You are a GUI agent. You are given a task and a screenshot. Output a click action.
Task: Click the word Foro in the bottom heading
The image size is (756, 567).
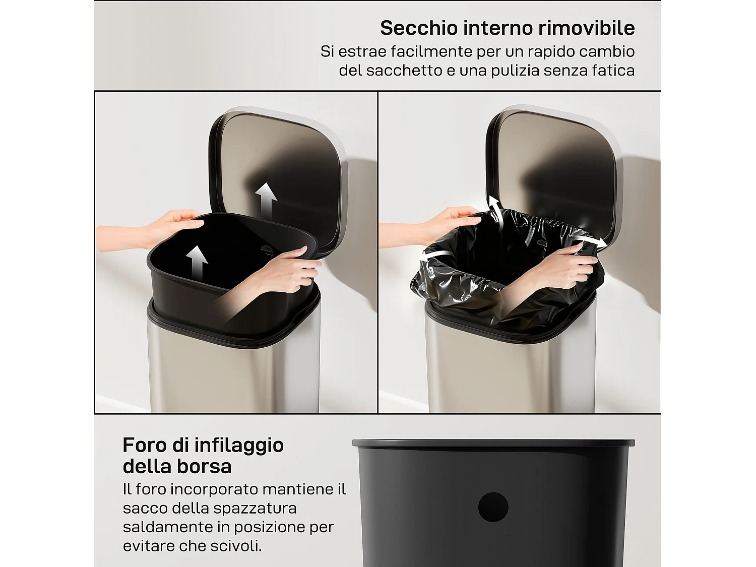(x=145, y=445)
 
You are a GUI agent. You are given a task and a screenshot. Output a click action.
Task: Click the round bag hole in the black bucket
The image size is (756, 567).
(x=493, y=507)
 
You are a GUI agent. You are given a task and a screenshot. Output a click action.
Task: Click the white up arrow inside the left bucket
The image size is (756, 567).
(x=197, y=262)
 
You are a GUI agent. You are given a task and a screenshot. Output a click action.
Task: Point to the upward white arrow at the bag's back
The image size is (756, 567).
(x=495, y=209)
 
